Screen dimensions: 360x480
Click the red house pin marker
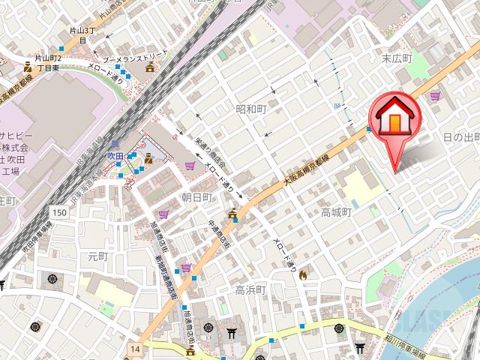[394, 118]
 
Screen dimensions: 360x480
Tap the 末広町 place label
[397, 58]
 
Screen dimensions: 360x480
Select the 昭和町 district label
[251, 109]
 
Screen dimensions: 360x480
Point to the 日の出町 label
[460, 137]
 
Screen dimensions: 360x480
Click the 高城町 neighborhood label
[336, 212]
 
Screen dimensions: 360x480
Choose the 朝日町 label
[197, 196]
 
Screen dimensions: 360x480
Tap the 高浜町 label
[250, 290]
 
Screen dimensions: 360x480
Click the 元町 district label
[98, 256]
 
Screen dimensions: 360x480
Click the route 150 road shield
[61, 213]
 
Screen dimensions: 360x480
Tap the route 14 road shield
[134, 349]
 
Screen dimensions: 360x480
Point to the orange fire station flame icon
[302, 276]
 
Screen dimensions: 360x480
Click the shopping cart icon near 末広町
[435, 96]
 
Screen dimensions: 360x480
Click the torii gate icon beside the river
[361, 348]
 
